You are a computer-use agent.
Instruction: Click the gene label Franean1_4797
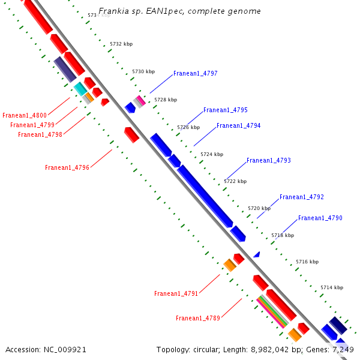(195, 74)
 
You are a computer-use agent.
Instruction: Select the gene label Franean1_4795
(225, 110)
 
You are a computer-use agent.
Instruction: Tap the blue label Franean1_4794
(238, 126)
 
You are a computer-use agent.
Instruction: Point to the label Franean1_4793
(268, 161)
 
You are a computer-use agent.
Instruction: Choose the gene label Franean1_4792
(301, 197)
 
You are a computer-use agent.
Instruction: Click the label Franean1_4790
(320, 218)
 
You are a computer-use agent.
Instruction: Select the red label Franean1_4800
(25, 115)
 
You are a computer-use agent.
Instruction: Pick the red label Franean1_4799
(32, 125)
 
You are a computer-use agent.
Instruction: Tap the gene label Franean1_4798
(40, 134)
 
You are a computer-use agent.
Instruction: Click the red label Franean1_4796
(67, 168)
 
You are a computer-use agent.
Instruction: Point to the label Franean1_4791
(176, 294)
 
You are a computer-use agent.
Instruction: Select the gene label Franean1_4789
(197, 318)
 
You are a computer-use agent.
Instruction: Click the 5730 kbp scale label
(143, 71)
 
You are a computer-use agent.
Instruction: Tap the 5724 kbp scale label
(212, 154)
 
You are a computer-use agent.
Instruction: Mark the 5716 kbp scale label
(307, 262)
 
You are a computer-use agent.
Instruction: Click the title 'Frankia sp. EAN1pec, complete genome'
(179, 11)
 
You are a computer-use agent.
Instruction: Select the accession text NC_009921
(65, 349)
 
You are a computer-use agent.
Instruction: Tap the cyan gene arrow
(80, 89)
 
